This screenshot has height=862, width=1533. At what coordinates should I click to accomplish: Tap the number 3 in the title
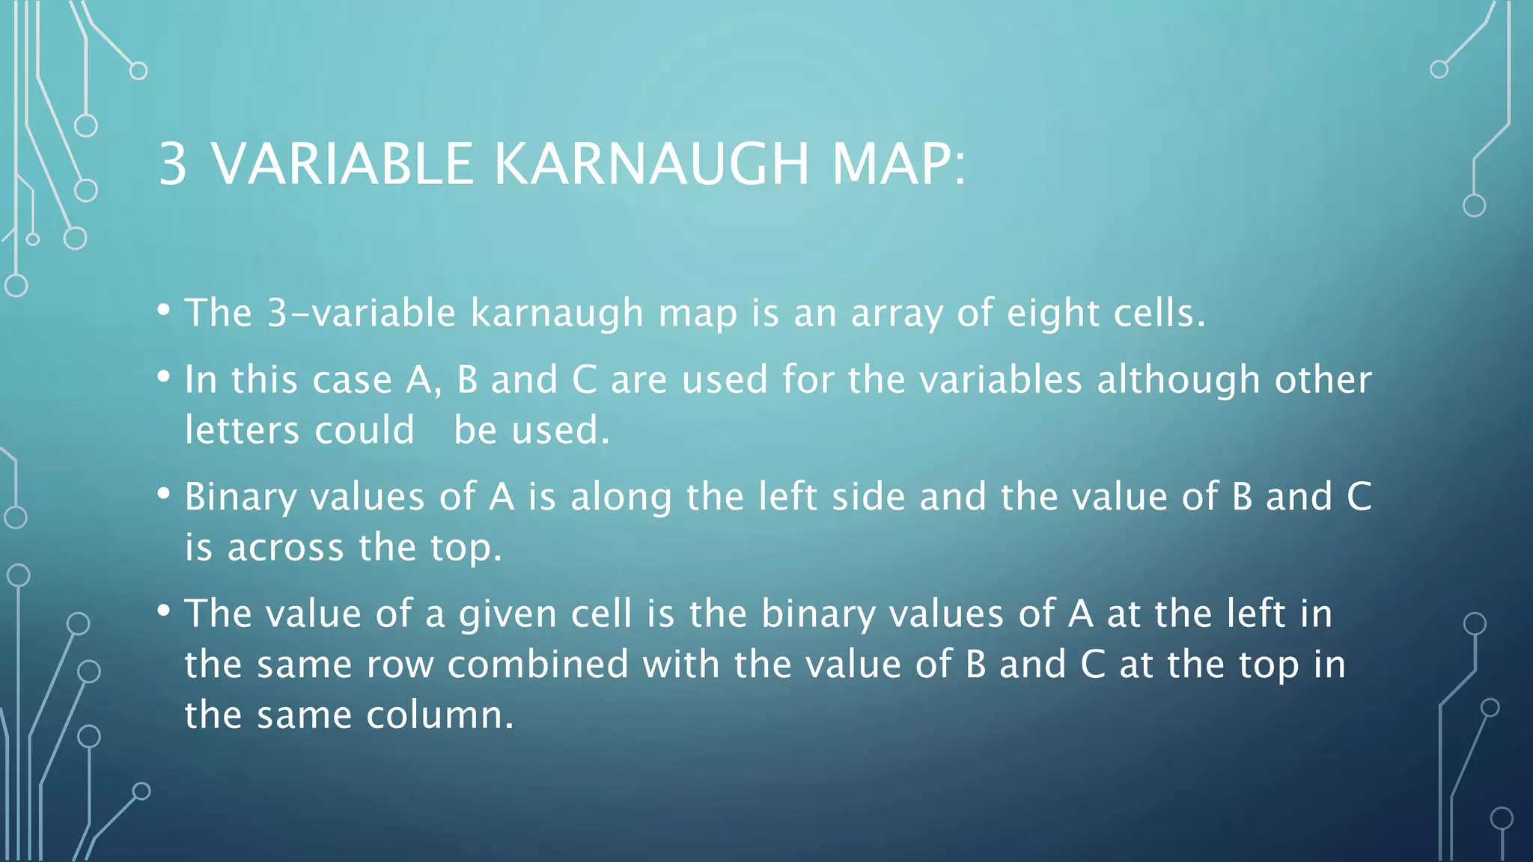point(173,164)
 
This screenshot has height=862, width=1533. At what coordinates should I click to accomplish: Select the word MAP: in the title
point(899,164)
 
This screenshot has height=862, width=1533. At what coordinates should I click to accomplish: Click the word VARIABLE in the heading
point(343,164)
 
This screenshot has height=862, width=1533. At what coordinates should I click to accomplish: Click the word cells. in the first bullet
point(1159,313)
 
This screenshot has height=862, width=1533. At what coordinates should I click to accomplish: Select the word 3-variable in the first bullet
point(362,313)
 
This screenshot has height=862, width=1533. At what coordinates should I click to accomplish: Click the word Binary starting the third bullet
point(240,497)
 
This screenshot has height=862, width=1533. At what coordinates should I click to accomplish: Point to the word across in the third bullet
point(285,547)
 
